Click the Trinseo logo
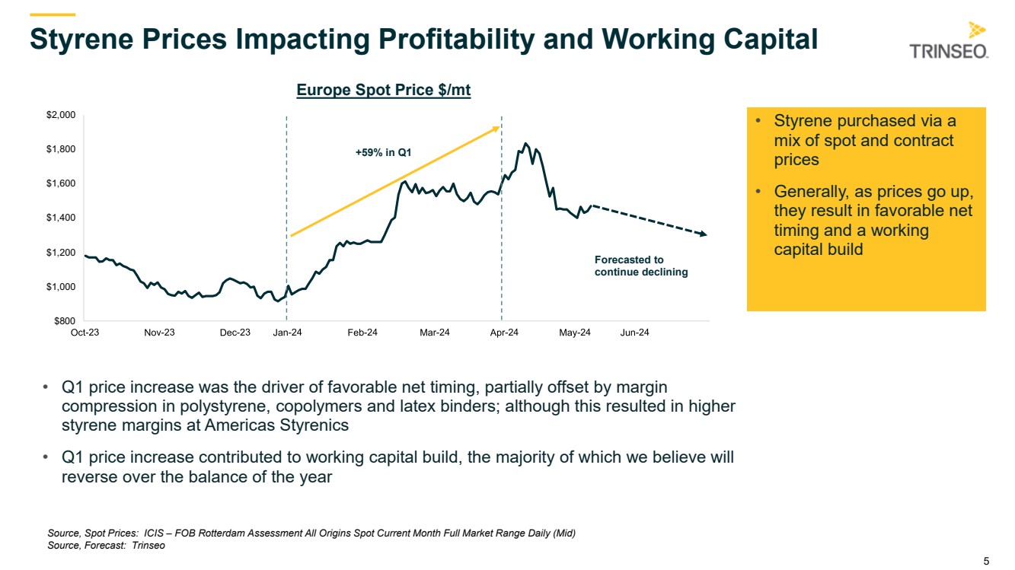(x=949, y=42)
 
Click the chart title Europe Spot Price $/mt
(x=384, y=91)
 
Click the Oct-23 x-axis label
(x=85, y=333)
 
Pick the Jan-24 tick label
(x=287, y=333)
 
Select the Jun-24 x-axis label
(x=634, y=333)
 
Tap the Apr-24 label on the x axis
(x=503, y=333)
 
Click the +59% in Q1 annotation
(x=384, y=153)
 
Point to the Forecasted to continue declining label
(x=640, y=266)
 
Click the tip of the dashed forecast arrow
(x=706, y=234)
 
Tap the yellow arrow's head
(x=497, y=128)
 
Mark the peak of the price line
(x=525, y=143)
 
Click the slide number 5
(x=987, y=562)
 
